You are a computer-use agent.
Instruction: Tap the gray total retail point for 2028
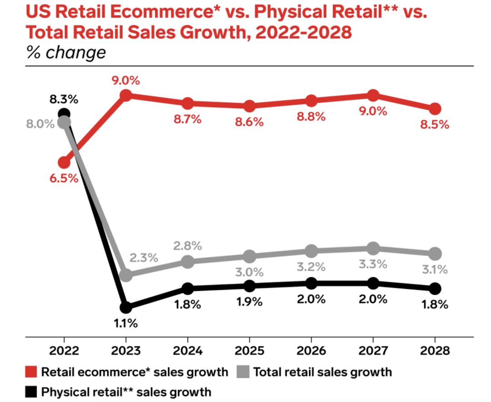pos(435,253)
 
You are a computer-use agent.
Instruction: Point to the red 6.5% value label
pos(64,178)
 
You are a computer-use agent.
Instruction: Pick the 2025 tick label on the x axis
pos(249,351)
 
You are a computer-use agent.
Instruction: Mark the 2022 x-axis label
pos(64,351)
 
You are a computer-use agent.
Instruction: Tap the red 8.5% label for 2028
pos(435,124)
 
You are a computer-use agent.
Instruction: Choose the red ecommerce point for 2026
pos(311,100)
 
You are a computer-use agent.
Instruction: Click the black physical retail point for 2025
pos(249,286)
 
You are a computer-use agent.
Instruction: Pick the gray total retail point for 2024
pos(187,261)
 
